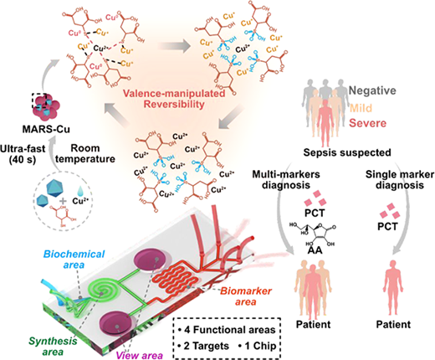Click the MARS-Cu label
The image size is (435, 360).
tap(46, 129)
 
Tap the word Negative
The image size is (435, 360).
tap(372, 90)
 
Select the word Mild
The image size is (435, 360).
tap(361, 107)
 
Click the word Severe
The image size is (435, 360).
tap(368, 123)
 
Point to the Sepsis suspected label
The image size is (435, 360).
tap(347, 152)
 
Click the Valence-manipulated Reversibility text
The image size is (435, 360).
tap(174, 99)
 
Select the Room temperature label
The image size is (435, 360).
tap(85, 153)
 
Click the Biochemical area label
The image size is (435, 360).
tap(74, 259)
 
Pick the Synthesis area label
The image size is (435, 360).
tap(53, 346)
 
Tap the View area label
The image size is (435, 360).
tap(139, 355)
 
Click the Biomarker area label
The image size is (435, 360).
tap(246, 296)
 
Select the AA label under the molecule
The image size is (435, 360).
tap(315, 250)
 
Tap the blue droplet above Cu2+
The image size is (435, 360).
tap(80, 191)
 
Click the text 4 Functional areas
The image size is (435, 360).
tap(229, 330)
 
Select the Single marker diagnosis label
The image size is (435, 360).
tap(400, 180)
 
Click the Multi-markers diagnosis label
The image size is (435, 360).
tap(286, 179)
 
